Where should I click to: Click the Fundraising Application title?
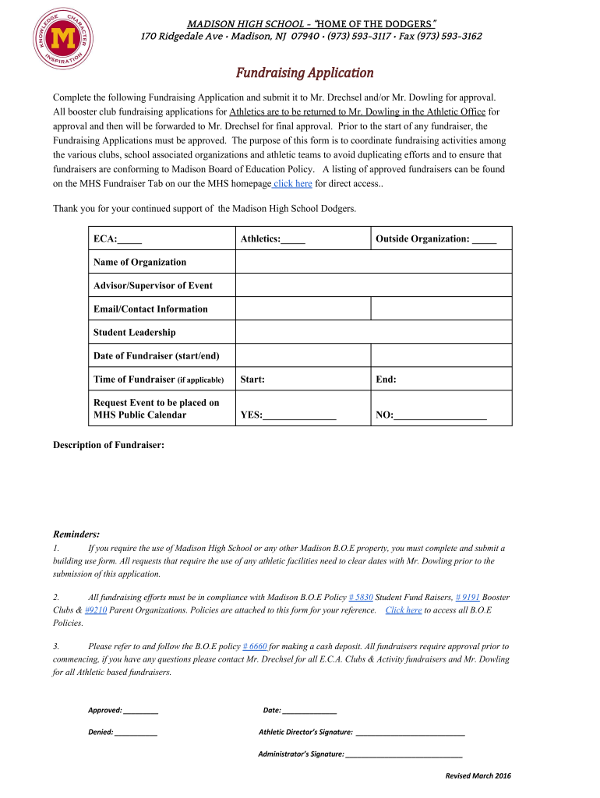(305, 72)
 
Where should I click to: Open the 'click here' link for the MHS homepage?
(293, 184)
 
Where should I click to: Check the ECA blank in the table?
(131, 239)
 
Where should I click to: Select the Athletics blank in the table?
(294, 239)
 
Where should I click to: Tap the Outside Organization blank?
(484, 239)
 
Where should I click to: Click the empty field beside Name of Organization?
(373, 262)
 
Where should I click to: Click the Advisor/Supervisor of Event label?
(153, 285)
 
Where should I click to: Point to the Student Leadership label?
(135, 332)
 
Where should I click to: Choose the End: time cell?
(440, 380)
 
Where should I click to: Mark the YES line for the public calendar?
(299, 415)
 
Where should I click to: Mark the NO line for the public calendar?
(440, 415)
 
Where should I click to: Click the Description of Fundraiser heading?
(108, 445)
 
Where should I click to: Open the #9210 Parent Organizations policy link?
(96, 610)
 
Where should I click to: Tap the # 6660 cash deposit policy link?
(255, 646)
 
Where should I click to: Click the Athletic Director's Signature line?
(410, 733)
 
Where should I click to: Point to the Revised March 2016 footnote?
(478, 775)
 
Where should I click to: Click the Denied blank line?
(136, 733)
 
